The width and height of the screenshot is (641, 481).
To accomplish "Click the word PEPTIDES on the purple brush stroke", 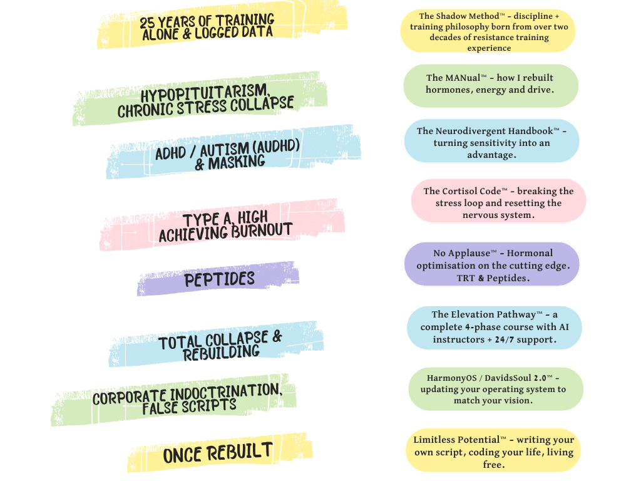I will point(219,279).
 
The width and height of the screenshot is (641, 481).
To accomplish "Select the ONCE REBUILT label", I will point(218,452).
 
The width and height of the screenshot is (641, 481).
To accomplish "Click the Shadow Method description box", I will point(488,31).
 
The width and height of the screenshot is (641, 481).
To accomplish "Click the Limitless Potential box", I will point(493,451).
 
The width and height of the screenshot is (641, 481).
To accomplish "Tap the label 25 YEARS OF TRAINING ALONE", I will point(207,26).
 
